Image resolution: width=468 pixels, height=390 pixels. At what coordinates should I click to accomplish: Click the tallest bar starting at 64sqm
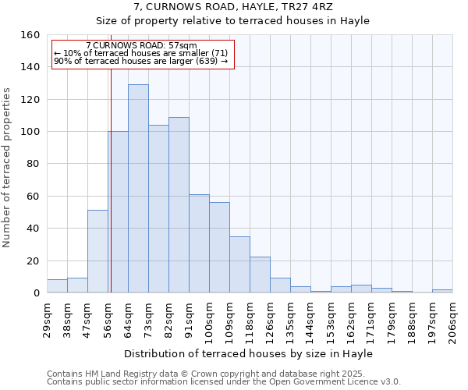click(x=138, y=189)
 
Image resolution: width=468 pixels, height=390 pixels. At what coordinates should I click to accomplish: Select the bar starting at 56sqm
click(x=118, y=212)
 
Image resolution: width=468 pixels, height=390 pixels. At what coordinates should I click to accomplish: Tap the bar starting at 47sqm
click(x=97, y=251)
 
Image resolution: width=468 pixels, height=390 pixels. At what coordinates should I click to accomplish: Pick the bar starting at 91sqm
click(x=199, y=243)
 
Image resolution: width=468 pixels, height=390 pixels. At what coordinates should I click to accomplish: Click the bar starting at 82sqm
click(x=179, y=205)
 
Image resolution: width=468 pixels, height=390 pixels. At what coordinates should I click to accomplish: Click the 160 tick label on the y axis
click(x=30, y=35)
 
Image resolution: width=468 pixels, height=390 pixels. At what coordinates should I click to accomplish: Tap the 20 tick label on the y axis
click(x=34, y=261)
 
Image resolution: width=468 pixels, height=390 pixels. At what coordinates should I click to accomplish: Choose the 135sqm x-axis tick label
click(x=290, y=317)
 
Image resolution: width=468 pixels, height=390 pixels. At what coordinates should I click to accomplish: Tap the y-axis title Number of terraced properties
click(x=8, y=168)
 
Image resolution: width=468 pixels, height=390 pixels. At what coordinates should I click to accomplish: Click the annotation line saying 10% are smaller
click(x=140, y=53)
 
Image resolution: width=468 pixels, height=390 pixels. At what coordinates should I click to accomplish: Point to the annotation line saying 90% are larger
click(x=140, y=61)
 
